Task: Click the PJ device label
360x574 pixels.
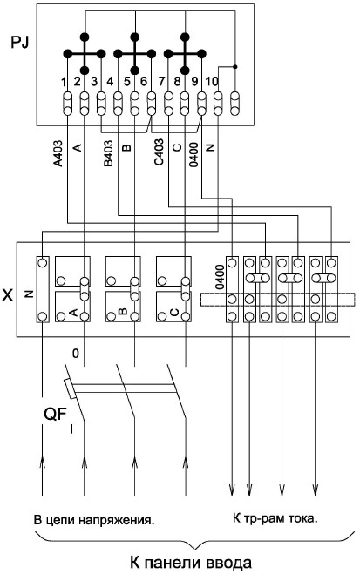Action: coord(20,43)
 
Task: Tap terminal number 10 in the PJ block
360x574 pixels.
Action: coord(212,81)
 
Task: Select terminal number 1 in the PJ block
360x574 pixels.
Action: coord(65,82)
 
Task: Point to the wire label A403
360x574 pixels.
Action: coord(58,153)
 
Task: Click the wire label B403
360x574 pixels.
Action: coord(109,153)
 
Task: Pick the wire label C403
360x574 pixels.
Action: coord(159,152)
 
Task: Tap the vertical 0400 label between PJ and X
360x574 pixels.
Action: coord(194,154)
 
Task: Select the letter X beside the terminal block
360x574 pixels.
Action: coord(7,295)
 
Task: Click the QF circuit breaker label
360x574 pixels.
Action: coord(56,415)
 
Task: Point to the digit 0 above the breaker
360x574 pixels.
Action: coord(76,354)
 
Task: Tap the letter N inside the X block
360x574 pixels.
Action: coord(30,294)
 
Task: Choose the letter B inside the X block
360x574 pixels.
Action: coord(123,312)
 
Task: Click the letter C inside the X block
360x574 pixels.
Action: coord(174,312)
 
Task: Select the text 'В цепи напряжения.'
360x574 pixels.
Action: coord(94,520)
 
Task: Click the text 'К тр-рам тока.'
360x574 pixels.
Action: coord(275,518)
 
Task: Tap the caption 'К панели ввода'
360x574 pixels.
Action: coord(190,563)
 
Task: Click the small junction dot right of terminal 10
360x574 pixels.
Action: coord(235,67)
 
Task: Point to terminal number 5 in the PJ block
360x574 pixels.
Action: coord(126,82)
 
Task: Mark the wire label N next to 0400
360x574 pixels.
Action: coord(211,147)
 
